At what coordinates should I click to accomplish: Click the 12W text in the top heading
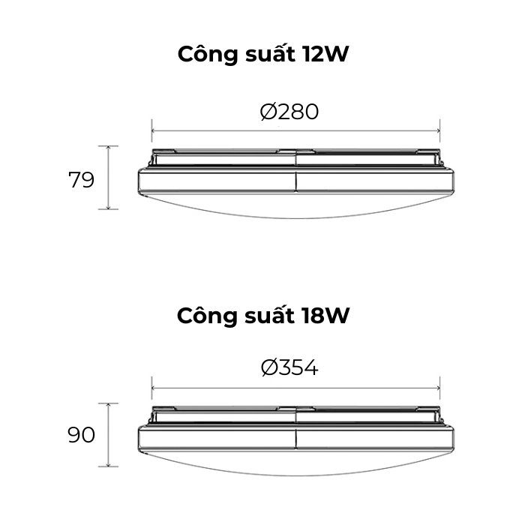tap(325, 54)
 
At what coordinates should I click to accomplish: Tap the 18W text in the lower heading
tap(325, 316)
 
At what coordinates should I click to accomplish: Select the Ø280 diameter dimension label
tap(289, 112)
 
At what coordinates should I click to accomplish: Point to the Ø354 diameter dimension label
tap(289, 367)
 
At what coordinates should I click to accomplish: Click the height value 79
tap(81, 180)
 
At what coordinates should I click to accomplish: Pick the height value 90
tap(81, 435)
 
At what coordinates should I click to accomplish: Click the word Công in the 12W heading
tap(207, 53)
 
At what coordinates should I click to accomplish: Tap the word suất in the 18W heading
tap(269, 315)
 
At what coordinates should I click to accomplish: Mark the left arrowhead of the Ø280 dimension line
tap(154, 131)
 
